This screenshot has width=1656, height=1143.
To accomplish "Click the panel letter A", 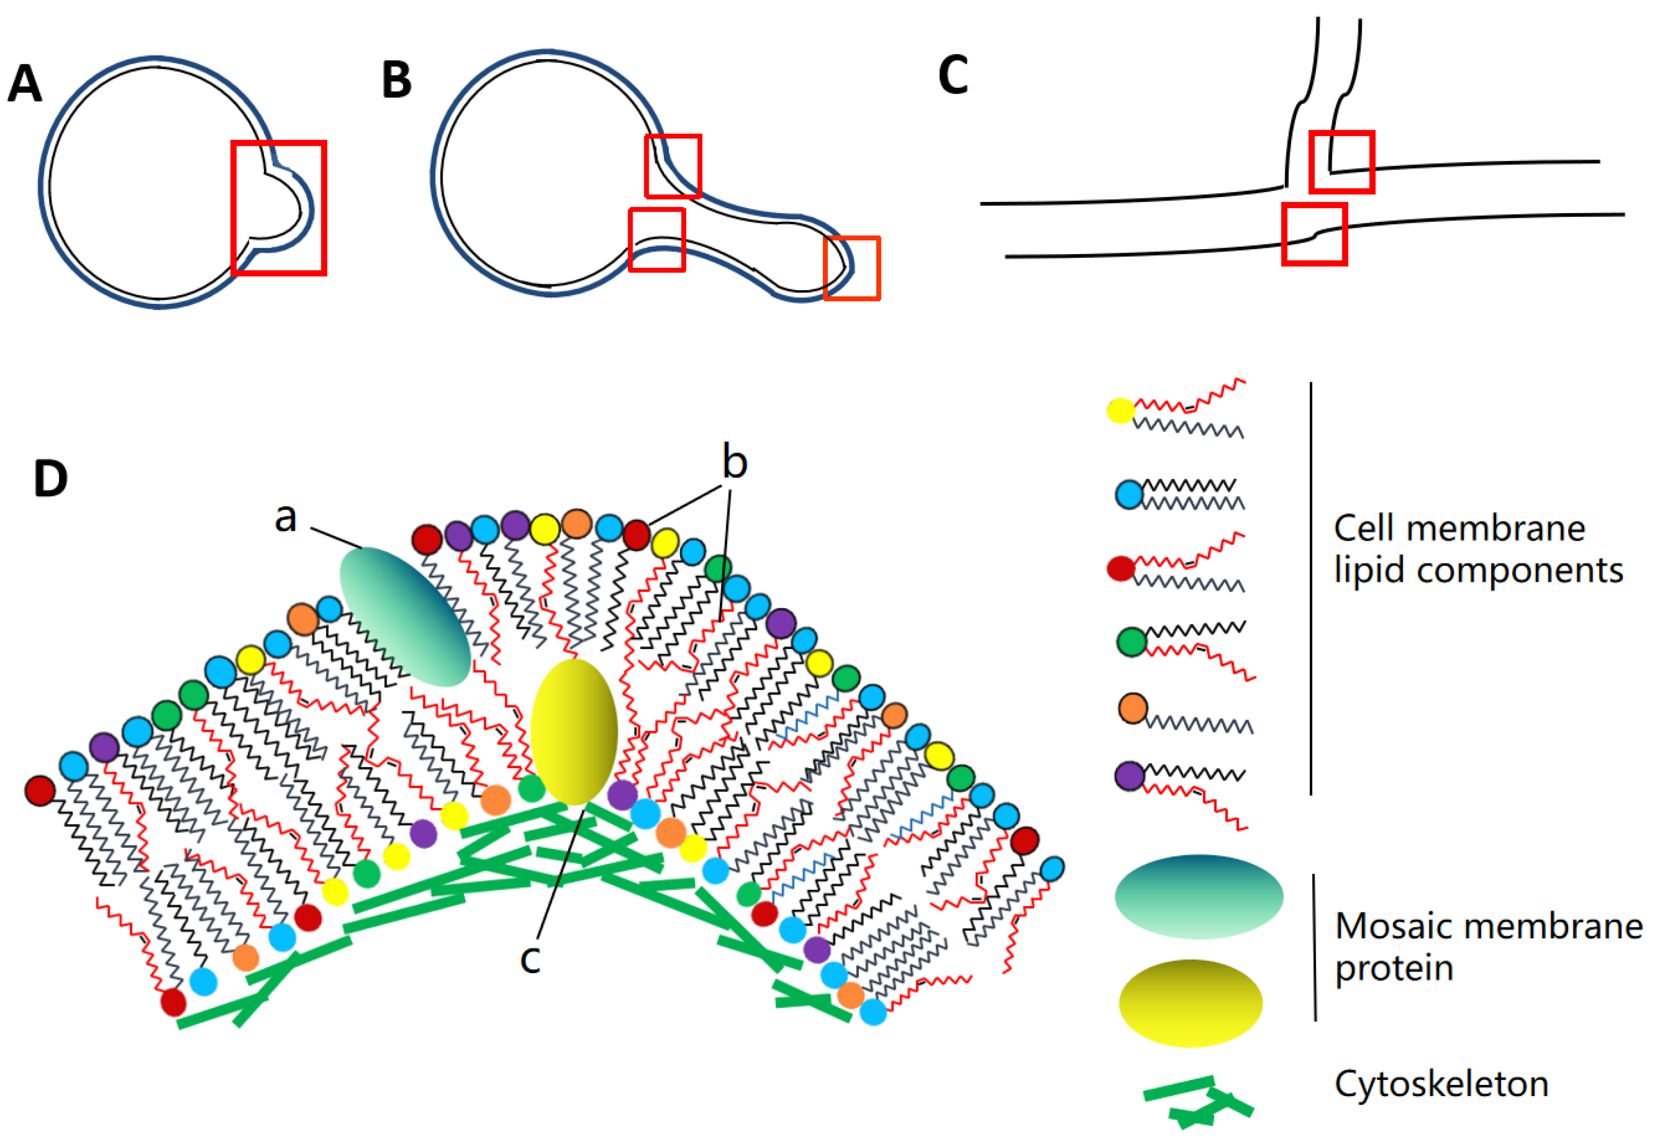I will pos(25,84).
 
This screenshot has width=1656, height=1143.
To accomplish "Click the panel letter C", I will pos(953,75).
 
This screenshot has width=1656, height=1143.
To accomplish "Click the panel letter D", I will pos(50,478).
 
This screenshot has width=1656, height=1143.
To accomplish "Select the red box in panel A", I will pos(279,208).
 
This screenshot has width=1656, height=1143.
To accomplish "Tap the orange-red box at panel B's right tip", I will pos(852,268).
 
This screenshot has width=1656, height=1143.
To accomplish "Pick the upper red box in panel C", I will pos(1341,162).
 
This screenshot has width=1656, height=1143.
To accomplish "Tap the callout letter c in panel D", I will pos(530,958).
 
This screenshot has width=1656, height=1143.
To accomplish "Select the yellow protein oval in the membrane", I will pos(574,731).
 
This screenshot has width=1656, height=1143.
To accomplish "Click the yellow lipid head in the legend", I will pos(1121,411).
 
